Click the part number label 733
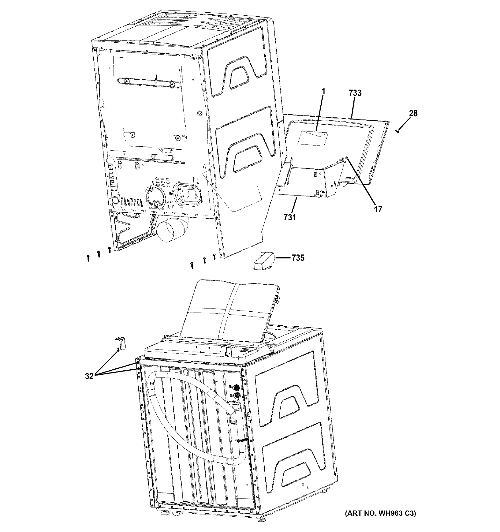click(x=355, y=93)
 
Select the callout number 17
click(x=378, y=209)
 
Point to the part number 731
click(x=290, y=217)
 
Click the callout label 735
click(x=298, y=258)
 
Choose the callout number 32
click(x=89, y=376)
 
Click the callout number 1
click(x=323, y=92)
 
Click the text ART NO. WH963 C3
click(x=380, y=513)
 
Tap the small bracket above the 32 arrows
click(x=121, y=343)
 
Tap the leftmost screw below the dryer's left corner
click(x=88, y=258)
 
